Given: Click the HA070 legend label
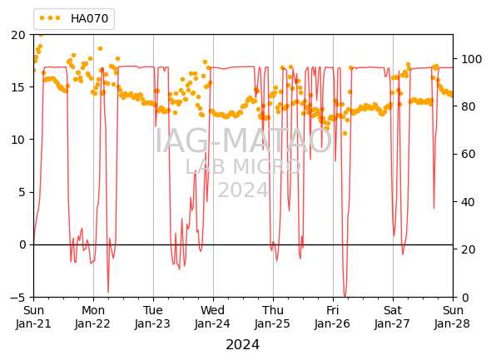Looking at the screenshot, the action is point(89,18).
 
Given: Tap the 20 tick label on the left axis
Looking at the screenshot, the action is point(17,35).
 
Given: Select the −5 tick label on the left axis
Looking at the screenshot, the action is point(17,298).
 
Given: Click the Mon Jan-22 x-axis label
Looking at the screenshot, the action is point(93,317).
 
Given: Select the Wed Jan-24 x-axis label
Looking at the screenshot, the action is point(212,317).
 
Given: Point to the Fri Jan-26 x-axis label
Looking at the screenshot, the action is point(333,317).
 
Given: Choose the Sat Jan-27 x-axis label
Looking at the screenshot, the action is point(392,317).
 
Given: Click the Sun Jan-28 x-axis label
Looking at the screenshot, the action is point(453,317).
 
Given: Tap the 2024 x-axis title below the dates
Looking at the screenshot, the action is point(243,345).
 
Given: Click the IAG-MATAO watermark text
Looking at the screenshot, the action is point(243,141).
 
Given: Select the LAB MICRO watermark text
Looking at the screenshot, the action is point(243,167).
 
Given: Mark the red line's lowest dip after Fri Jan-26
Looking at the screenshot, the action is point(345,296).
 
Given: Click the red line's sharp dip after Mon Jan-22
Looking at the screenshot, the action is point(108,292).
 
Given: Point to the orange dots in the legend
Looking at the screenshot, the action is point(50,18).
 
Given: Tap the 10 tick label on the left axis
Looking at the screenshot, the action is point(17,140).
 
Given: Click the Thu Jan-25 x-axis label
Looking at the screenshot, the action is point(272,317).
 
